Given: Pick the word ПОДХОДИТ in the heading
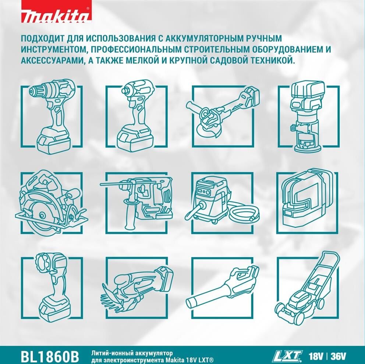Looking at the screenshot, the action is (x=43, y=38).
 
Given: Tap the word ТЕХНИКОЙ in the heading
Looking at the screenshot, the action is (x=273, y=61).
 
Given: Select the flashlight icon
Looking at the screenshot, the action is (x=53, y=287).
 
